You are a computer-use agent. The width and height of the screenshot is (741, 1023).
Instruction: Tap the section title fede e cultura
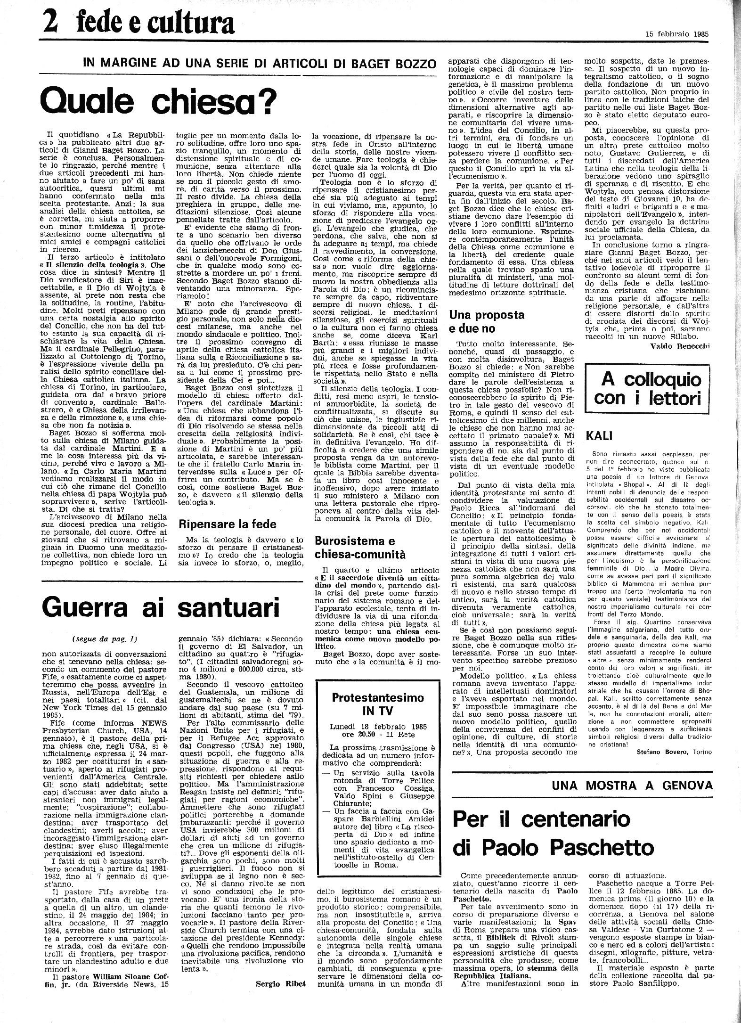156,22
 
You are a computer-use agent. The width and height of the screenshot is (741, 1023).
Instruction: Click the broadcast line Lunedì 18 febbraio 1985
378,727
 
